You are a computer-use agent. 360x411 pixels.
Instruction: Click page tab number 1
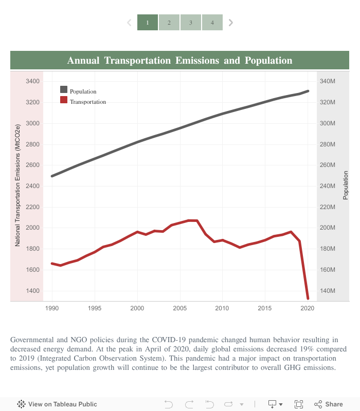(148, 23)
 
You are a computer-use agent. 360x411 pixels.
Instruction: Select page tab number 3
(191, 23)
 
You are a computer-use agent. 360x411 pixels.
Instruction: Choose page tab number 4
(212, 23)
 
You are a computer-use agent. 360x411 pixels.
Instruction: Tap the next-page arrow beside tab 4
(231, 23)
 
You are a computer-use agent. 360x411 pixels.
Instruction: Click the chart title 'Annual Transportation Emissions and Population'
(179, 61)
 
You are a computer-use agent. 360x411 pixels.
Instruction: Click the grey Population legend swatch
(64, 91)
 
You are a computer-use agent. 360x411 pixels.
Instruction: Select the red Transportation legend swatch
(64, 101)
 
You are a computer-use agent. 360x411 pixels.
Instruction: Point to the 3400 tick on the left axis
(32, 81)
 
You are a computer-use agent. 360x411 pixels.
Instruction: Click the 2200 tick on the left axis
(32, 207)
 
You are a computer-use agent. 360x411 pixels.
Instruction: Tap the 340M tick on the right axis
(328, 81)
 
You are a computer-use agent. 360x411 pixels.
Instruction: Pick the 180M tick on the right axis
(328, 249)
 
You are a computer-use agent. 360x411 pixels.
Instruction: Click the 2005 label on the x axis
(179, 308)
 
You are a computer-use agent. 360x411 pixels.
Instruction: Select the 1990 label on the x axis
(52, 308)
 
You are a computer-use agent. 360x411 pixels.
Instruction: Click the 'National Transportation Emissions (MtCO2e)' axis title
(17, 185)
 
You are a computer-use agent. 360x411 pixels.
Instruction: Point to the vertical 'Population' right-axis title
(346, 185)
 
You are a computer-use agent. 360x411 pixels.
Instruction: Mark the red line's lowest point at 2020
(308, 298)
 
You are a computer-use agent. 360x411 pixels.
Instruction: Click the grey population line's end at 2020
(308, 91)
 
